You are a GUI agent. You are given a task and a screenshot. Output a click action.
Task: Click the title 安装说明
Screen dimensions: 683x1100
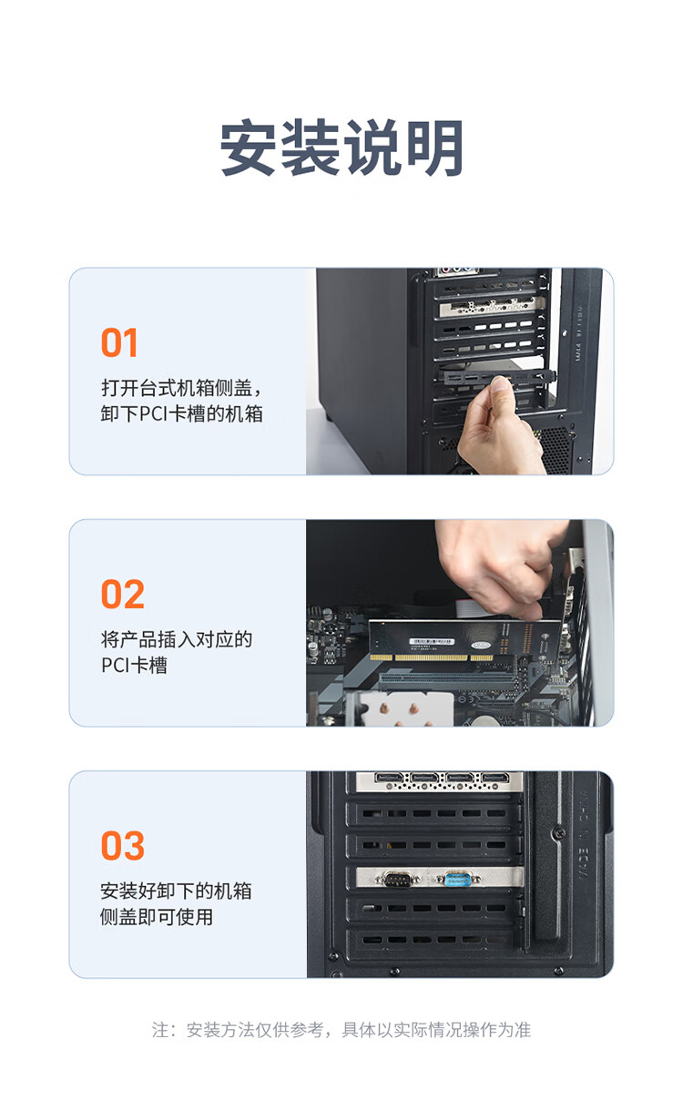tap(341, 148)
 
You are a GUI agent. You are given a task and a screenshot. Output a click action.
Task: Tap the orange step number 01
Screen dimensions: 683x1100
tap(119, 342)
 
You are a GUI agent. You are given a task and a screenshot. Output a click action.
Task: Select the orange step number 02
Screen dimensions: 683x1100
tap(123, 595)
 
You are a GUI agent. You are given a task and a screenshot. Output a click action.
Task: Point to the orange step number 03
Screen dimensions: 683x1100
tap(123, 846)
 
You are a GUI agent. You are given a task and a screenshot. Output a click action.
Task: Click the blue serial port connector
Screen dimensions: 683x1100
tap(458, 879)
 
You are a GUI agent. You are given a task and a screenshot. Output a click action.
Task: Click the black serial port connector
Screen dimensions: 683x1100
tap(397, 879)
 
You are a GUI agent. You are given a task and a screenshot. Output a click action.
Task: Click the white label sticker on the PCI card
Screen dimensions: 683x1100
tap(432, 641)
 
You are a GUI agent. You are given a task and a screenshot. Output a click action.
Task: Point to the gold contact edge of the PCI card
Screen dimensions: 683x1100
tap(431, 657)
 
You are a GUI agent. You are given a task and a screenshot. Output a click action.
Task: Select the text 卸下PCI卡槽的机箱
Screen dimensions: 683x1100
tap(181, 413)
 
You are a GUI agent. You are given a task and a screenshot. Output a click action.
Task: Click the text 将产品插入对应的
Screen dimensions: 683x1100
tap(177, 639)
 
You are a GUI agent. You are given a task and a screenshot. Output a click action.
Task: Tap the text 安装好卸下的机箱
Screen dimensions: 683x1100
tap(177, 891)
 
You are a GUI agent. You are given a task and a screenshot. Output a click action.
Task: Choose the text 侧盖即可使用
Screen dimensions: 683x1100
tap(157, 916)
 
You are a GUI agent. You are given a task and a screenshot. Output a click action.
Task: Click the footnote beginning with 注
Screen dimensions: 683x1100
tap(341, 1030)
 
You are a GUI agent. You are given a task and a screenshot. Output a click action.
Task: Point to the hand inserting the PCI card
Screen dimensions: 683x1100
tap(501, 565)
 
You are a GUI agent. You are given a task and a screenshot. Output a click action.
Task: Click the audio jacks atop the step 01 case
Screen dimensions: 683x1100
tap(457, 270)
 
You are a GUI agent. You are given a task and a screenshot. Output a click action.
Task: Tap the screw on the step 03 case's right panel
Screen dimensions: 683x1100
tap(558, 832)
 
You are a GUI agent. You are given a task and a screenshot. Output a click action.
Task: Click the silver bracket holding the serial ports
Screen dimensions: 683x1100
tap(440, 878)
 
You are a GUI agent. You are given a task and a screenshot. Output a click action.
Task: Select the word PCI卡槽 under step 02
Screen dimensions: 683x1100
tap(134, 665)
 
